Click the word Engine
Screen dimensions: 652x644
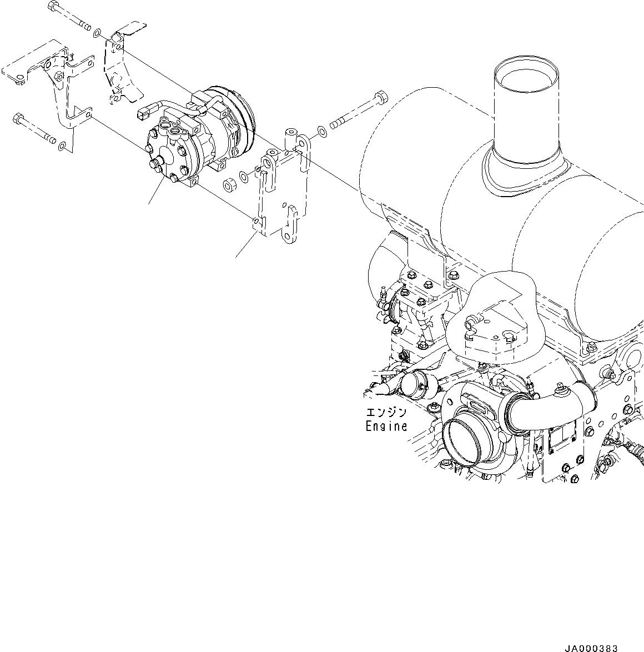tap(386, 427)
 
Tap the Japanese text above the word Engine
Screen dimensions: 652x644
tap(386, 413)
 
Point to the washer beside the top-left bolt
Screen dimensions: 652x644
tap(97, 33)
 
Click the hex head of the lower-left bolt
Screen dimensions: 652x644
tap(18, 118)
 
